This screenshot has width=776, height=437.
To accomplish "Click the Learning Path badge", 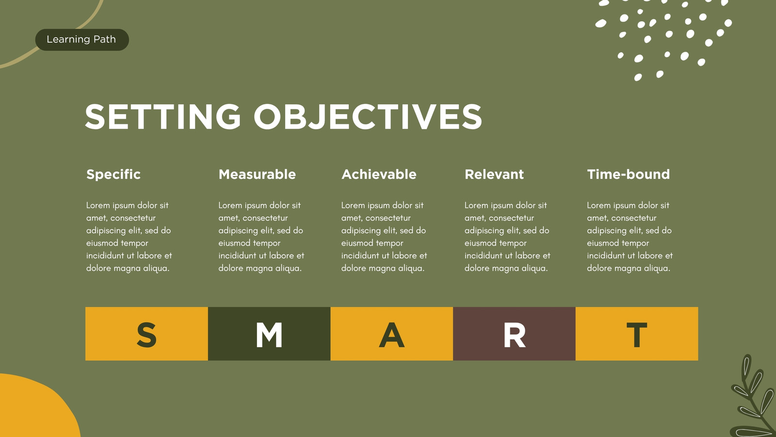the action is tap(82, 39).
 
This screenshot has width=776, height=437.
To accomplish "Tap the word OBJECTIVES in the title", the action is tap(368, 117).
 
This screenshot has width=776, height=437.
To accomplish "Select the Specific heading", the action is tap(113, 174).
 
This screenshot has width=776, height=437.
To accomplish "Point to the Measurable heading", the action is tap(257, 174).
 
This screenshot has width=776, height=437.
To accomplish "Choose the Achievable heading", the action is tap(379, 174).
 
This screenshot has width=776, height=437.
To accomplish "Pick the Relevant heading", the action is tap(494, 174).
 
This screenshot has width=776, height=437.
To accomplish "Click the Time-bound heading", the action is tap(628, 174).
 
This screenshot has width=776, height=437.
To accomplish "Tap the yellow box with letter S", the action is tap(146, 334).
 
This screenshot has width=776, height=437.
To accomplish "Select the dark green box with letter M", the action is tap(269, 334).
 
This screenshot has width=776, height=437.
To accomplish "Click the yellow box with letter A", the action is tap(392, 334).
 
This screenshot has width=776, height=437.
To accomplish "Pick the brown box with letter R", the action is tap(515, 334).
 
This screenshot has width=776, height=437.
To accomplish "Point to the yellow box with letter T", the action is tap(637, 334).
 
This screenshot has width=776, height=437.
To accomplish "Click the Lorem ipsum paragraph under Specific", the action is tap(129, 236).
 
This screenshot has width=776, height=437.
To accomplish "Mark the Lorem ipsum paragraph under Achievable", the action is tap(384, 236).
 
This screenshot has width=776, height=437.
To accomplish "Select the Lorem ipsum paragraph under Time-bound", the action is tap(630, 236).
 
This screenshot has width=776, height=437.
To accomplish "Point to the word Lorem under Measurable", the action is tap(230, 205).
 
